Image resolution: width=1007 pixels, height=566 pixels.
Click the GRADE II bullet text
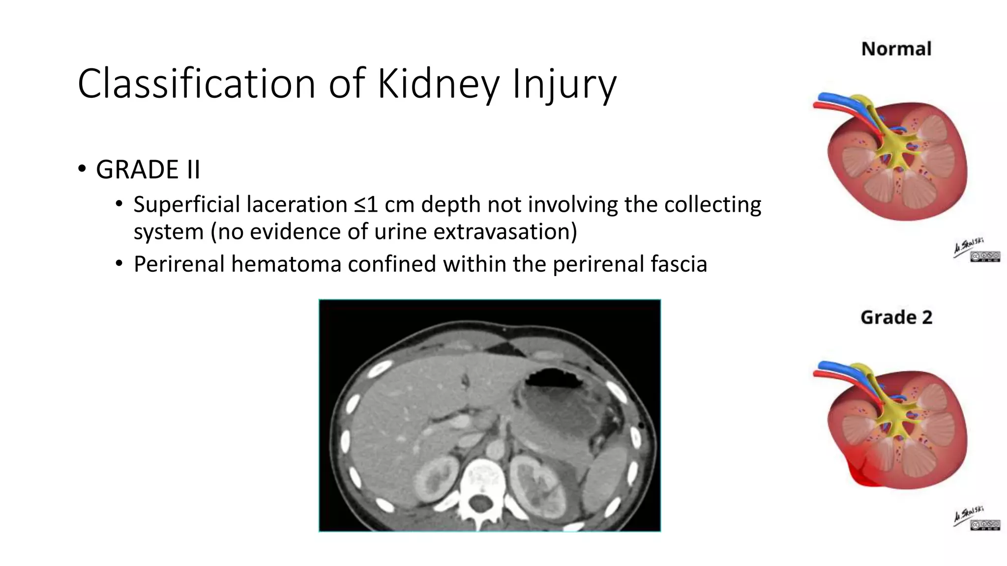148,170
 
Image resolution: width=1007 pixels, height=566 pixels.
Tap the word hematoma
286,264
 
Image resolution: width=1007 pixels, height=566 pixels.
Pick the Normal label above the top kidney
896,49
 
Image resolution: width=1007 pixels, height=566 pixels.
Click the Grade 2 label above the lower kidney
896,317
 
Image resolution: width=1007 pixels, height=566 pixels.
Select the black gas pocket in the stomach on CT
553,379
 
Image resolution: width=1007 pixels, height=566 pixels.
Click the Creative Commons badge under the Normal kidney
985,256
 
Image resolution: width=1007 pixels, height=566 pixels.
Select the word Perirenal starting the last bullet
179,264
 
